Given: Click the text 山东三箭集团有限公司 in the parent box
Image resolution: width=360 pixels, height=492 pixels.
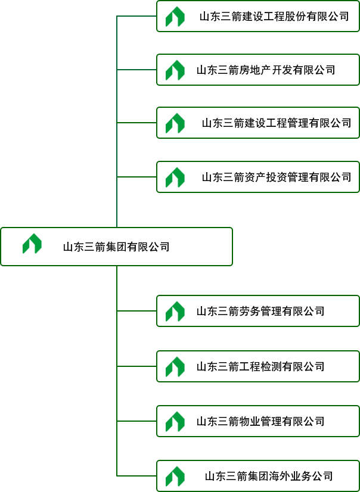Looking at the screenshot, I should (x=116, y=247).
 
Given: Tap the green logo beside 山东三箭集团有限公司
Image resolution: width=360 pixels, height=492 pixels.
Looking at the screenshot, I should (x=32, y=244).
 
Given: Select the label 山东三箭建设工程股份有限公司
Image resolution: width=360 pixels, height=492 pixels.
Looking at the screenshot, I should (x=274, y=17).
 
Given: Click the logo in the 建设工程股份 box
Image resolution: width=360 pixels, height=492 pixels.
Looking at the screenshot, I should (x=175, y=17).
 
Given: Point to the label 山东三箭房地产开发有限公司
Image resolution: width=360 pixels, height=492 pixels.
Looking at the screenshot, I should (x=266, y=70).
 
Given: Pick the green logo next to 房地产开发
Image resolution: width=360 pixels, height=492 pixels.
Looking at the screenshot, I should (x=175, y=70).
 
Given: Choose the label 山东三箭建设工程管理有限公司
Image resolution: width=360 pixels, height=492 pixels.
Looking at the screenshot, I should (x=277, y=123).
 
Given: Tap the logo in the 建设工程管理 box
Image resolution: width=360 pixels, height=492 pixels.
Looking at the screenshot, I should (x=175, y=123).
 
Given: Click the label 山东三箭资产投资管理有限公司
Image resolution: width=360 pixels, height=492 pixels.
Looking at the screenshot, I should (x=277, y=177).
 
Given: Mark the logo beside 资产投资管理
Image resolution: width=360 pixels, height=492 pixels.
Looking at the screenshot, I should (x=175, y=177).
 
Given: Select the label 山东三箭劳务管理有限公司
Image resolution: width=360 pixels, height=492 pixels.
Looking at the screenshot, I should (x=260, y=311).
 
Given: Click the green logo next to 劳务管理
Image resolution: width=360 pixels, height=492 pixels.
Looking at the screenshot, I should (x=175, y=311).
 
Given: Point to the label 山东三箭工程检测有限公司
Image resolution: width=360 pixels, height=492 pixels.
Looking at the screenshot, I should (x=260, y=366).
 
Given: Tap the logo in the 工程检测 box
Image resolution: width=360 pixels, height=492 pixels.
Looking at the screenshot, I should (x=175, y=366).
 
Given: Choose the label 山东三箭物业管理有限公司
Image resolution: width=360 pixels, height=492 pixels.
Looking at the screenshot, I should (x=260, y=421).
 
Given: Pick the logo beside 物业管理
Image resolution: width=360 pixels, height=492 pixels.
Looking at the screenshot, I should (x=175, y=421).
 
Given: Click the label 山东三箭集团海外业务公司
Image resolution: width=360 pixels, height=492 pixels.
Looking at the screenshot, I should (x=269, y=476).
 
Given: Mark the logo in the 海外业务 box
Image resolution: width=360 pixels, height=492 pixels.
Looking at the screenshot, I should (x=175, y=476).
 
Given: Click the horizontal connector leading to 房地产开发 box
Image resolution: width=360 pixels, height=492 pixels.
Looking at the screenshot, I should (x=136, y=70).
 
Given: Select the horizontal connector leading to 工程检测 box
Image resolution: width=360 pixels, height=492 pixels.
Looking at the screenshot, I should (x=136, y=366).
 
